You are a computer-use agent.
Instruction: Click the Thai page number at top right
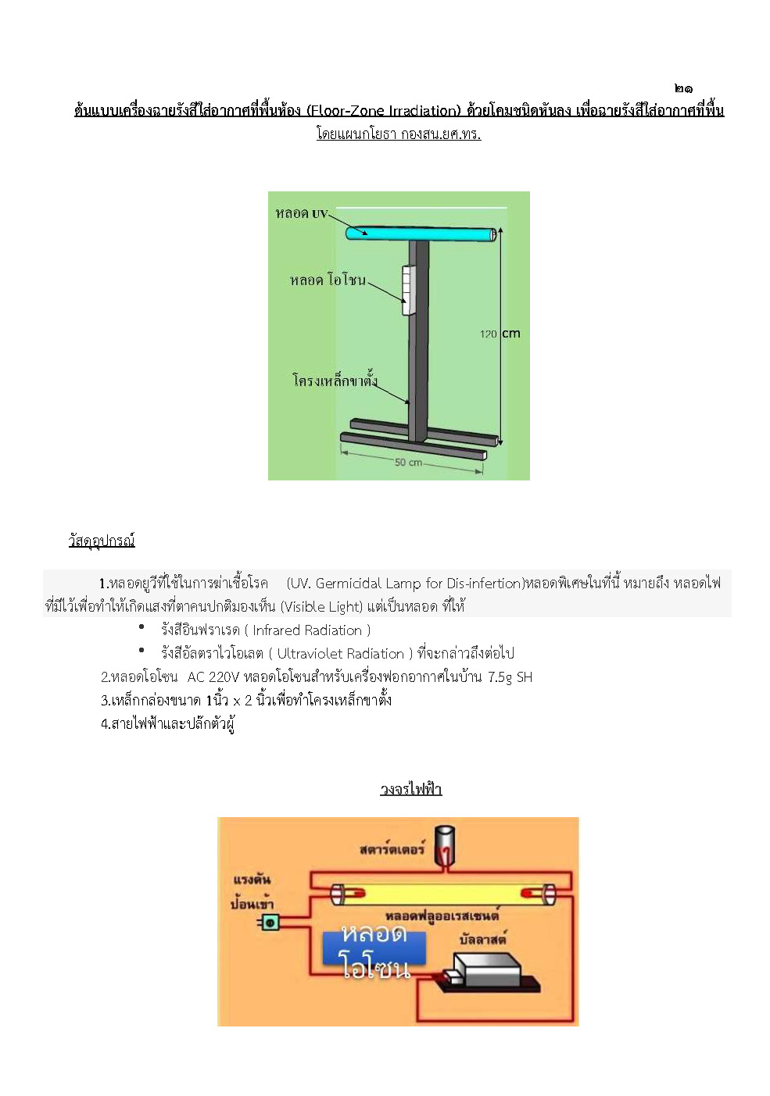tap(683, 88)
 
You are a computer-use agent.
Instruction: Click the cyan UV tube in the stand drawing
tap(421, 234)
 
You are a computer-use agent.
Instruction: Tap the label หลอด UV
tap(301, 213)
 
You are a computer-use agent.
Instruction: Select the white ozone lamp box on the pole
tap(406, 290)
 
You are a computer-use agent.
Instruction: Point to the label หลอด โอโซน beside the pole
tap(328, 280)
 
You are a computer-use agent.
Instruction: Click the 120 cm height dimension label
tap(500, 334)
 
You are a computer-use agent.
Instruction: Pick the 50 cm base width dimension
tap(408, 462)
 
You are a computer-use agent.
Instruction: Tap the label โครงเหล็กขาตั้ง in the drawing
tap(335, 380)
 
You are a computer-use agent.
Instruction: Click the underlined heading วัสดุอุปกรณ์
tap(102, 541)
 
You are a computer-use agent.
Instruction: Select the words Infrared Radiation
tap(307, 630)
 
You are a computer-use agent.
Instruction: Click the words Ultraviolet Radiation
tap(341, 654)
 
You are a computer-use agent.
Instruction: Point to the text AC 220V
tap(213, 677)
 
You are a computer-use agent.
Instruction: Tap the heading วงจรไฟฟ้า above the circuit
tap(411, 789)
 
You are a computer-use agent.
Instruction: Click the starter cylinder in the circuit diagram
tap(446, 845)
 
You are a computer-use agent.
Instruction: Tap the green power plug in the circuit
tap(268, 923)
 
